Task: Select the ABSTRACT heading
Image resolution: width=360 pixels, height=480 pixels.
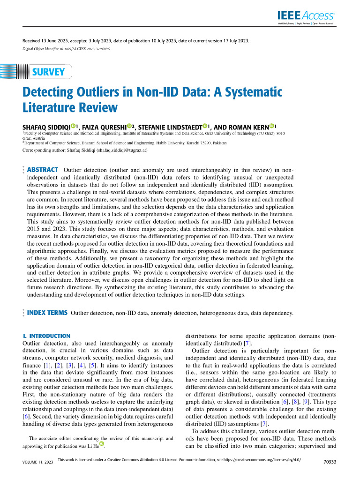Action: tap(43, 170)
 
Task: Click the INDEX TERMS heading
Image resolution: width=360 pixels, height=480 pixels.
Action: tap(47, 313)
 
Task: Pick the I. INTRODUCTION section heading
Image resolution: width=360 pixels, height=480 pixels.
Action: tap(46, 336)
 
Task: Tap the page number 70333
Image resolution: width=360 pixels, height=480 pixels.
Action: tap(330, 462)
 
